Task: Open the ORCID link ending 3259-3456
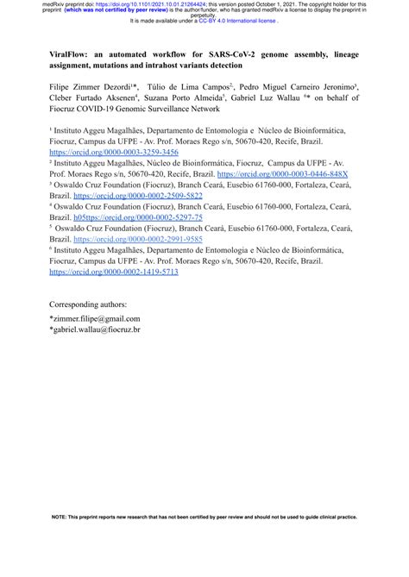pos(114,152)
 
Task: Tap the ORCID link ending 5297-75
pos(139,217)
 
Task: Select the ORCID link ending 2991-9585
pos(138,239)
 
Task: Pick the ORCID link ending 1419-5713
pos(114,271)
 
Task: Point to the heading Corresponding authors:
pos(88,304)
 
